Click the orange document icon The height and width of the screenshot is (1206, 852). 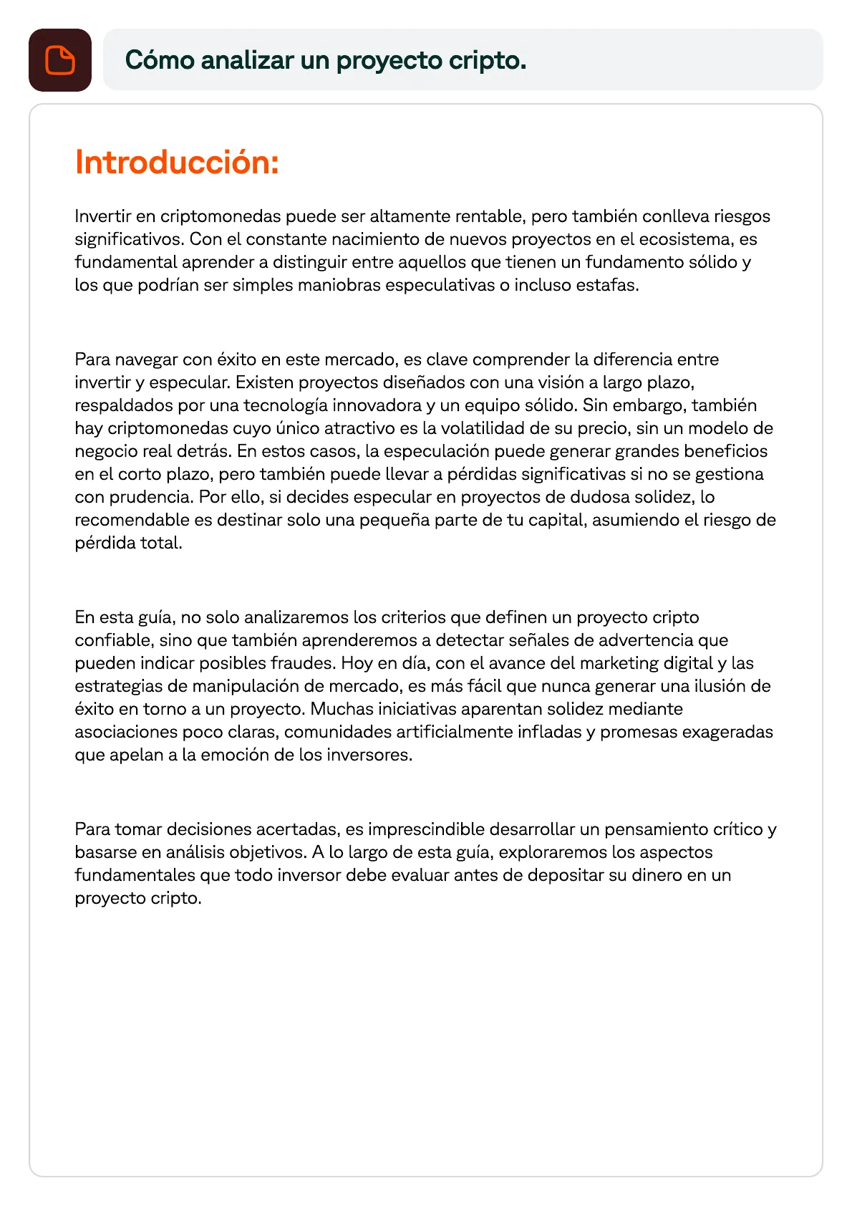(60, 60)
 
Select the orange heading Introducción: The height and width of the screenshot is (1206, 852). (177, 163)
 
